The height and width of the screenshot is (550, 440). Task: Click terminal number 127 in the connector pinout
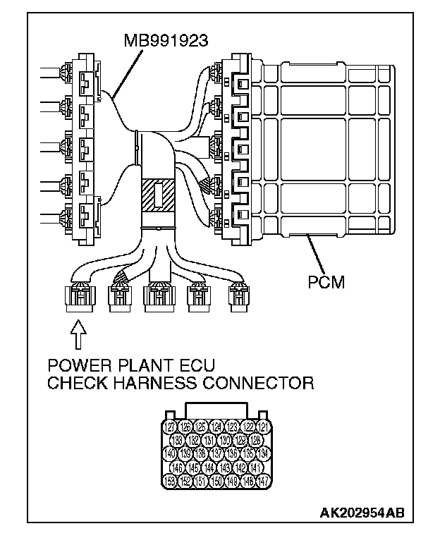(169, 427)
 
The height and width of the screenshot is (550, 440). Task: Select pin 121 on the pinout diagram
(262, 427)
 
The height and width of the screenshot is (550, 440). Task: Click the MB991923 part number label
(165, 40)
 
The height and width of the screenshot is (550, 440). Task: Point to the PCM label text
(326, 283)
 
